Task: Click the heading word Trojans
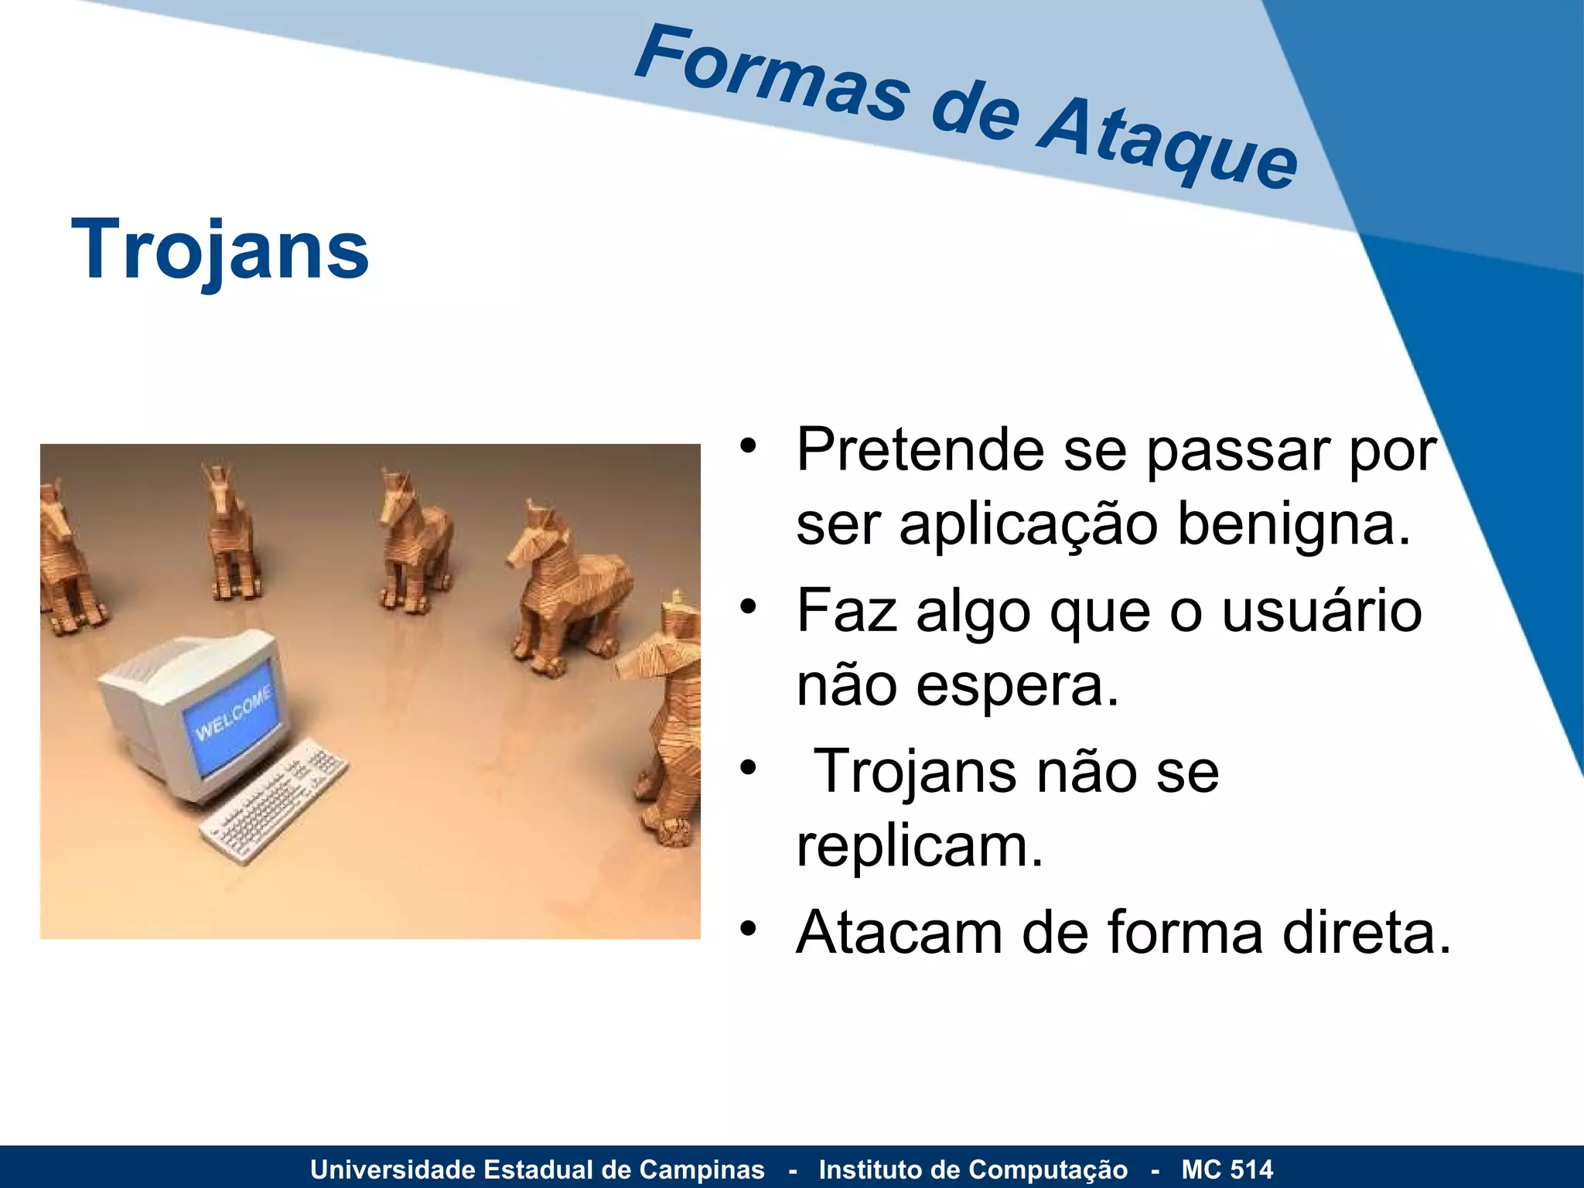click(220, 249)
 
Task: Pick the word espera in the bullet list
click(1017, 687)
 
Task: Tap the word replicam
click(919, 846)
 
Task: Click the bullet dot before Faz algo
click(747, 607)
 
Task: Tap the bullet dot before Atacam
click(747, 929)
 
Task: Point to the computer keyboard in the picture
click(275, 801)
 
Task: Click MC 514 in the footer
click(1227, 1169)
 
